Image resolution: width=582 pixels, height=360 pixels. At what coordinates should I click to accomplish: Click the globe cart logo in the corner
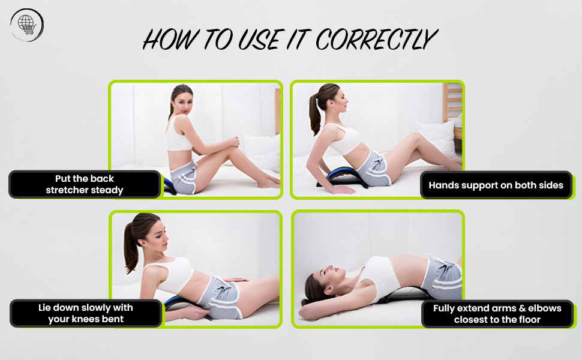coord(26,25)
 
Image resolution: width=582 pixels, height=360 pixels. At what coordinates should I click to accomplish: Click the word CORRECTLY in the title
coord(375,40)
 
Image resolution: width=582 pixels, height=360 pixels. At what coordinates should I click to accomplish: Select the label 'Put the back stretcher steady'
coord(85,184)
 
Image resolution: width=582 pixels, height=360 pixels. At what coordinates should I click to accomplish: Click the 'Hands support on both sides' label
coord(496,185)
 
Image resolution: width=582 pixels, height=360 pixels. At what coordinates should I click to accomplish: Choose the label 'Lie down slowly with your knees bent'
coord(86,313)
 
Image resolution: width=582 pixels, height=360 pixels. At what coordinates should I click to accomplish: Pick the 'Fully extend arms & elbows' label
coord(497,314)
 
